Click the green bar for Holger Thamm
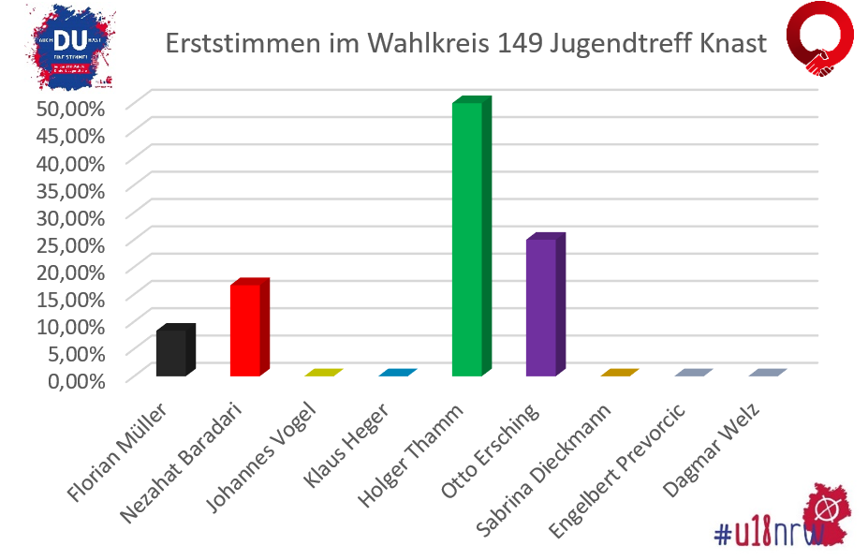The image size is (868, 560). tap(467, 239)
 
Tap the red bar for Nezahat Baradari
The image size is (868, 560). tap(245, 330)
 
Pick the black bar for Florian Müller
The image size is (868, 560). tap(171, 353)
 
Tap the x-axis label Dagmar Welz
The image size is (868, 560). tap(720, 449)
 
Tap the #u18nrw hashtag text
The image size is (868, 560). tap(768, 533)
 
